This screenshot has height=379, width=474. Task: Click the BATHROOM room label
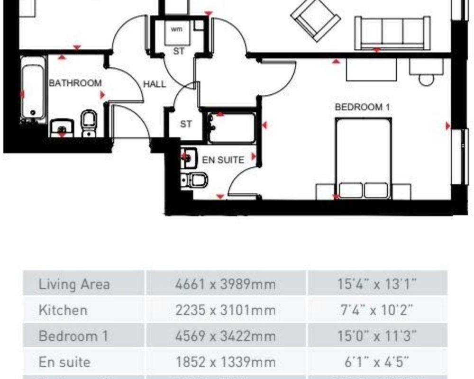(x=75, y=83)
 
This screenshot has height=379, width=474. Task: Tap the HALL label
(x=155, y=84)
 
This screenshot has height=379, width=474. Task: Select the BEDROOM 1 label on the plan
(x=362, y=107)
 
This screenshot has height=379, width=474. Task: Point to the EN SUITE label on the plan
(x=223, y=160)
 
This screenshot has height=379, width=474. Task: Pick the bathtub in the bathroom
(x=34, y=89)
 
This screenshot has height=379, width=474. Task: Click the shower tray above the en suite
(x=232, y=128)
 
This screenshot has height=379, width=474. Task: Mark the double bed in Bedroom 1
(x=364, y=158)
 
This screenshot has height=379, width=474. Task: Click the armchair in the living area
(x=315, y=19)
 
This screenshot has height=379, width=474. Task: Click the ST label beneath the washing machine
(x=178, y=51)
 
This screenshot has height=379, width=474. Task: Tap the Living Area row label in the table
(x=74, y=284)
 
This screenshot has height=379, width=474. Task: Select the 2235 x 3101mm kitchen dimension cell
(x=225, y=310)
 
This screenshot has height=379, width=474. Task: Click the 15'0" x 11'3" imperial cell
(x=377, y=336)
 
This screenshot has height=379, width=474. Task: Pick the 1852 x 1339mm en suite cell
(x=225, y=362)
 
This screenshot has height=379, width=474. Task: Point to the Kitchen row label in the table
(x=63, y=310)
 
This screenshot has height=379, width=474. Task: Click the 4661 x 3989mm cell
(x=225, y=284)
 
